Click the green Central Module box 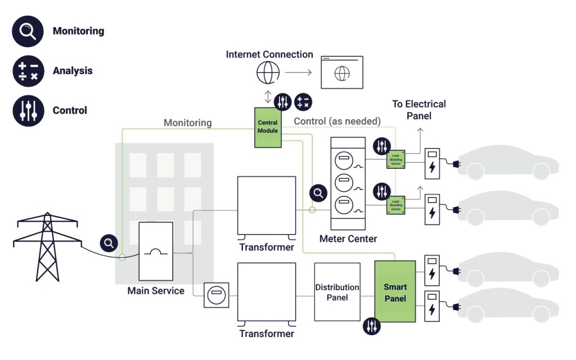268,127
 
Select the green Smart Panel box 395,291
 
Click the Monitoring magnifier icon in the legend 28,31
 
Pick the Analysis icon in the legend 28,71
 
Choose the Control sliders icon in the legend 28,110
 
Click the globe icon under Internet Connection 268,73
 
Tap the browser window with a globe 341,72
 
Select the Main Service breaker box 156,251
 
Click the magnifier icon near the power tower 109,243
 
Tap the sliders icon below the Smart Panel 372,326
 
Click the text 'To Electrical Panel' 419,110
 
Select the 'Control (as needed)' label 337,121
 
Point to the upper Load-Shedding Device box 395,161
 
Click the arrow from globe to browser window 298,73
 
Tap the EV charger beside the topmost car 432,163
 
